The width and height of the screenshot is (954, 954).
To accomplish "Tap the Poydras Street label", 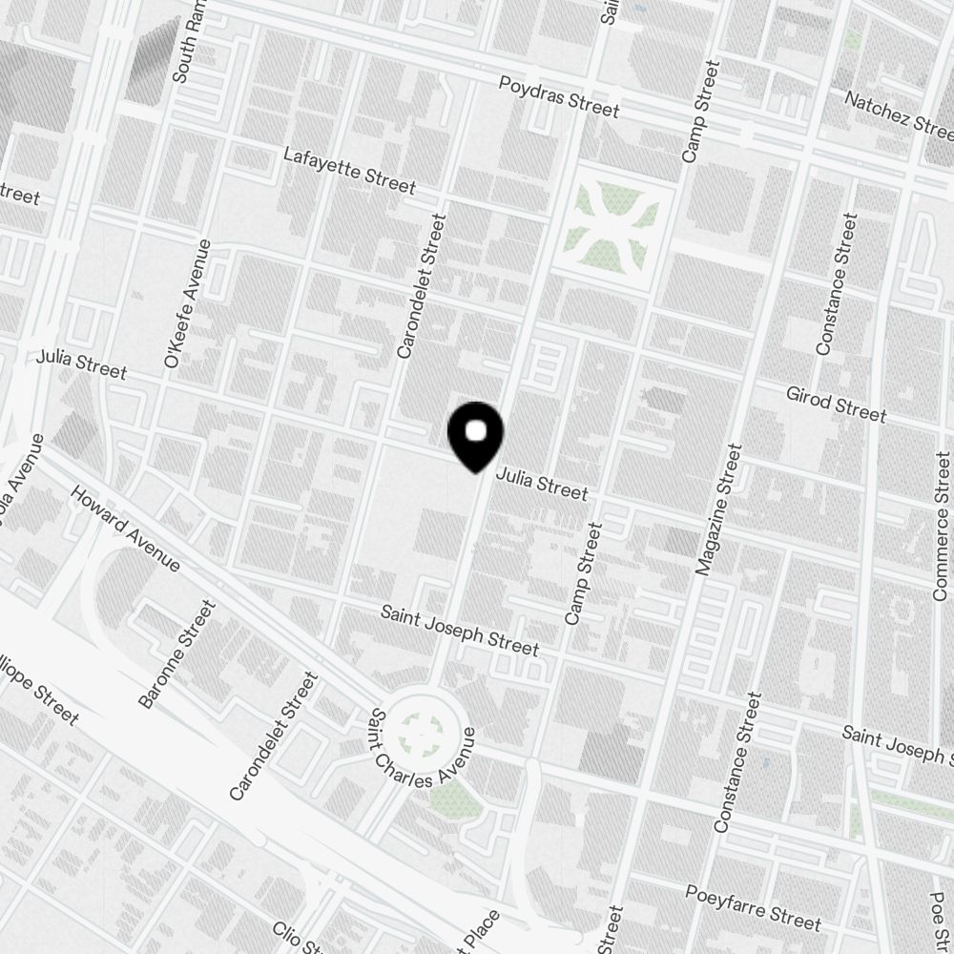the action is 559,97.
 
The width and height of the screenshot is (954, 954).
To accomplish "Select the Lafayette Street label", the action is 349,170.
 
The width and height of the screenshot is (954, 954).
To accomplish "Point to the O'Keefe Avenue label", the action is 188,303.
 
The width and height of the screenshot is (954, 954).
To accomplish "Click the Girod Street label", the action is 836,404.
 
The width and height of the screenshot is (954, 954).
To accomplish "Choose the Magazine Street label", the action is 718,509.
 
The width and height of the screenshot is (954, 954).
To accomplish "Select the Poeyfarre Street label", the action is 753,905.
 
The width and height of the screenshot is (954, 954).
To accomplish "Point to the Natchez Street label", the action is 899,112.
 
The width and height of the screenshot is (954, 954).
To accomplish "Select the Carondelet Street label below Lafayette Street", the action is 421,286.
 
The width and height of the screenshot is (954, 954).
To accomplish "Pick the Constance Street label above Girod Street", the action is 836,284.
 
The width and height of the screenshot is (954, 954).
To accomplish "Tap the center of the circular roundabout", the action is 422,732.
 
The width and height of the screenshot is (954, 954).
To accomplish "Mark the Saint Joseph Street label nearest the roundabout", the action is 459,629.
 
